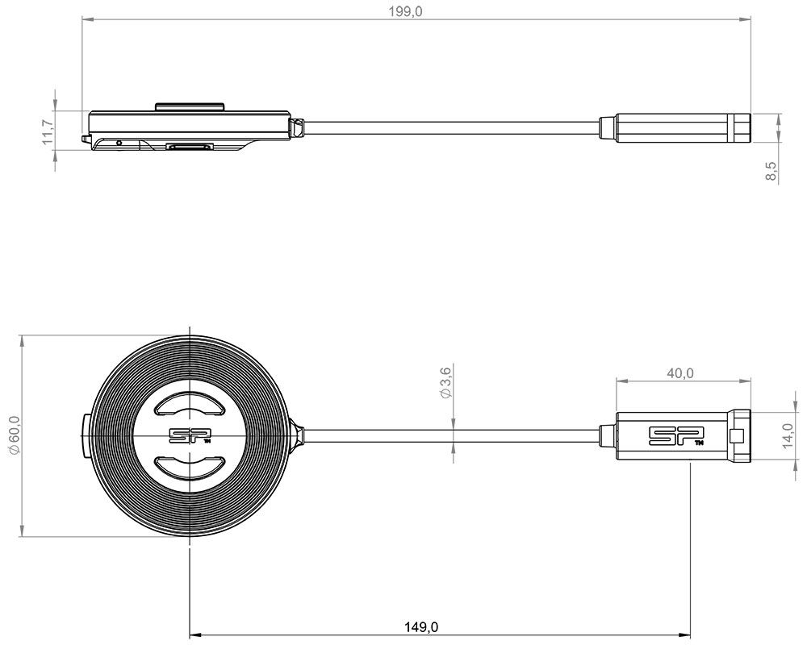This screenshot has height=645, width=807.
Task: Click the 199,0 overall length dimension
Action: click(405, 11)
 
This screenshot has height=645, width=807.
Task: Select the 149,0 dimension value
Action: click(421, 627)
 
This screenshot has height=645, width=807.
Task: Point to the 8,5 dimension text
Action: click(771, 171)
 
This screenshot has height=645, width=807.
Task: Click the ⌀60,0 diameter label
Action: click(15, 435)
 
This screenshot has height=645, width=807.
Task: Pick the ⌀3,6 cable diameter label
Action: click(445, 381)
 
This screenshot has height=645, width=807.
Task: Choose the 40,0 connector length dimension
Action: click(679, 373)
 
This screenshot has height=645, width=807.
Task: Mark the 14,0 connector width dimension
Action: click(787, 435)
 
